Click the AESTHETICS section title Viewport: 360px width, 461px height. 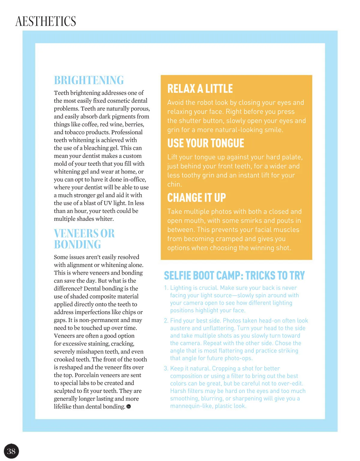click(x=46, y=21)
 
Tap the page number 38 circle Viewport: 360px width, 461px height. click(x=11, y=451)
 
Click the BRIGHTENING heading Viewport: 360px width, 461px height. click(x=89, y=80)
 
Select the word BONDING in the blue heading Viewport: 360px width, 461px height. click(x=77, y=245)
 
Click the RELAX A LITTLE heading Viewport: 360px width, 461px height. click(x=200, y=89)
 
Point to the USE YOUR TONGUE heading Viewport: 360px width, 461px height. click(x=205, y=143)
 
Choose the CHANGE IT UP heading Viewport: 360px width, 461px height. click(x=196, y=198)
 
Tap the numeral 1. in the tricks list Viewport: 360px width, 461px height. click(x=166, y=288)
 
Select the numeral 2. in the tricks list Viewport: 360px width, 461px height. click(x=166, y=321)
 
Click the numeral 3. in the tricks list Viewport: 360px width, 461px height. click(x=166, y=368)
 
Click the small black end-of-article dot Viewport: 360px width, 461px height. click(x=129, y=406)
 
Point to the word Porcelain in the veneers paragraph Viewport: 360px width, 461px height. click(x=87, y=375)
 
